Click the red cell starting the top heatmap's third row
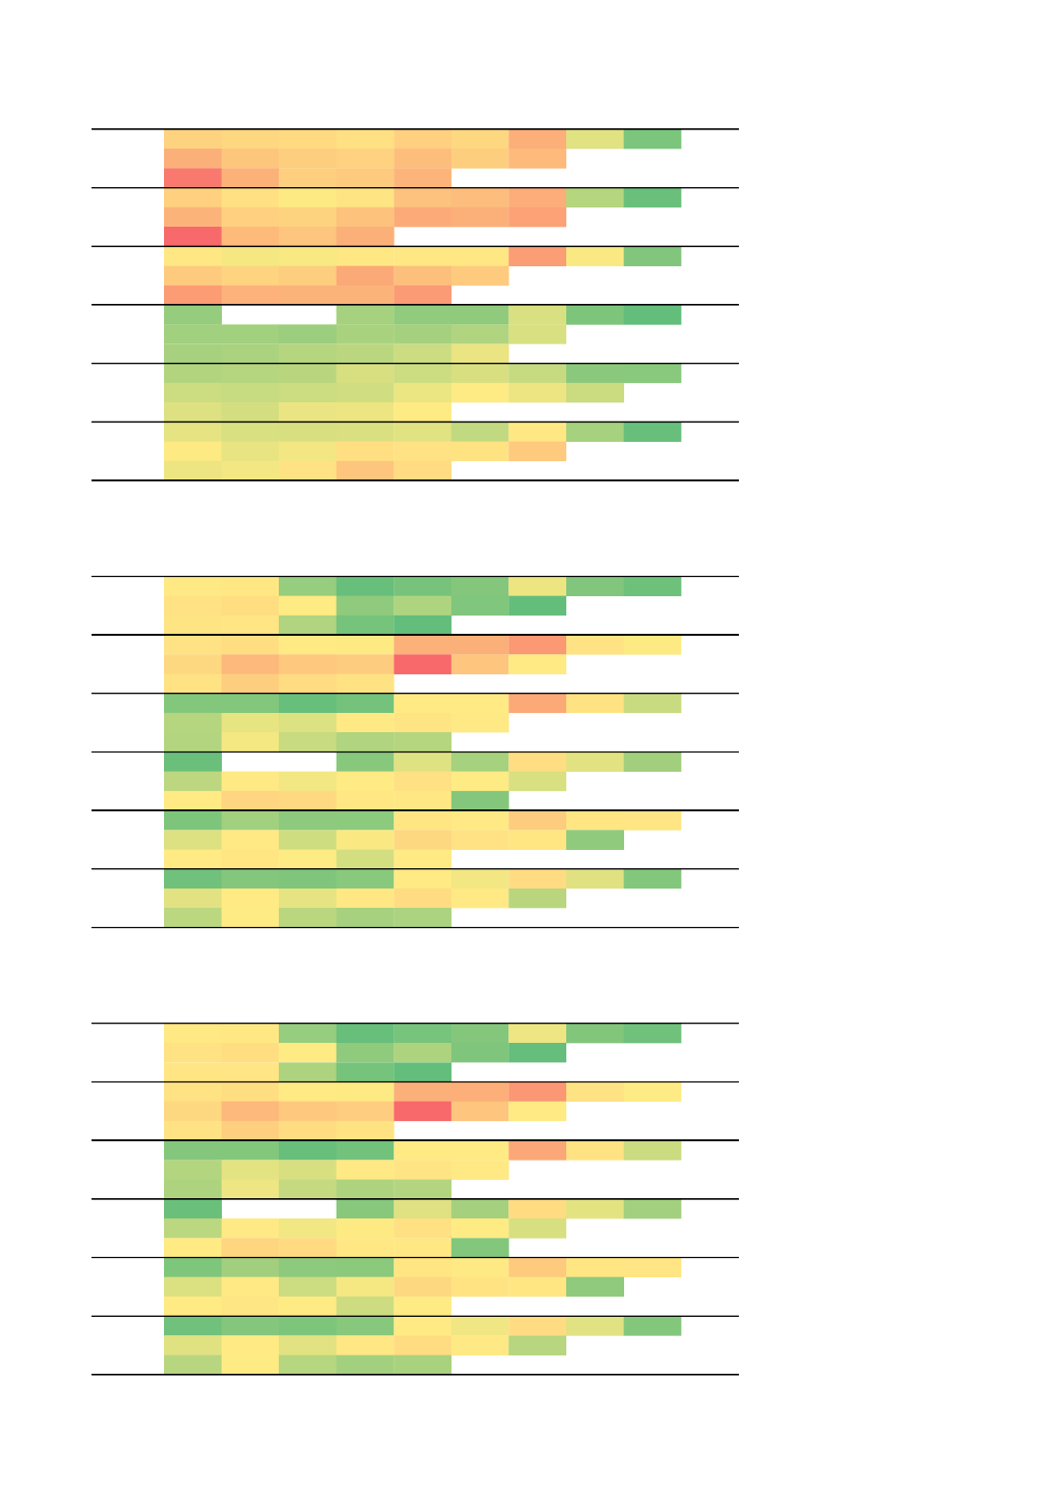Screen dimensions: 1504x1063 193,178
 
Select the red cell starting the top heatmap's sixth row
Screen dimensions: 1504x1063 193,236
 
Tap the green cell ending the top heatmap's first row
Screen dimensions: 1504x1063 652,139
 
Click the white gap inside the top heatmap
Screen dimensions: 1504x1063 279,314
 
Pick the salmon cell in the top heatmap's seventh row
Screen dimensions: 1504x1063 537,256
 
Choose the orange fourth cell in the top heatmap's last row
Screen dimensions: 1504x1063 365,471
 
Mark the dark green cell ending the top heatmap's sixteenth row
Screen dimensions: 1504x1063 652,431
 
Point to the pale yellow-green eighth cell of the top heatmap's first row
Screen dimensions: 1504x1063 594,139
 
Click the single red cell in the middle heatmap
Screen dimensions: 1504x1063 422,665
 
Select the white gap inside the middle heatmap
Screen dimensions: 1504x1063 279,762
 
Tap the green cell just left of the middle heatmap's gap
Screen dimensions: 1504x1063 193,762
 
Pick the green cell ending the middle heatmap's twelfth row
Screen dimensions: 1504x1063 479,801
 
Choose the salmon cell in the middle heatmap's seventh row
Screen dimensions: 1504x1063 537,703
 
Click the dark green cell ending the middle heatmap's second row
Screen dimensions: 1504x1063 537,606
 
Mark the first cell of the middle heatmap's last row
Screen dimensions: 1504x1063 193,917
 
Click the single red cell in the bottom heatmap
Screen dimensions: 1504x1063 422,1111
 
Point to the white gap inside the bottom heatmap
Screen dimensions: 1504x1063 279,1209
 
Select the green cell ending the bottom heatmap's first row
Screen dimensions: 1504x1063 652,1033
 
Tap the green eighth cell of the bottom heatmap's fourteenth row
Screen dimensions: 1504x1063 594,1287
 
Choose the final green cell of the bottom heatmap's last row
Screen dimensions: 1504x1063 422,1364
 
